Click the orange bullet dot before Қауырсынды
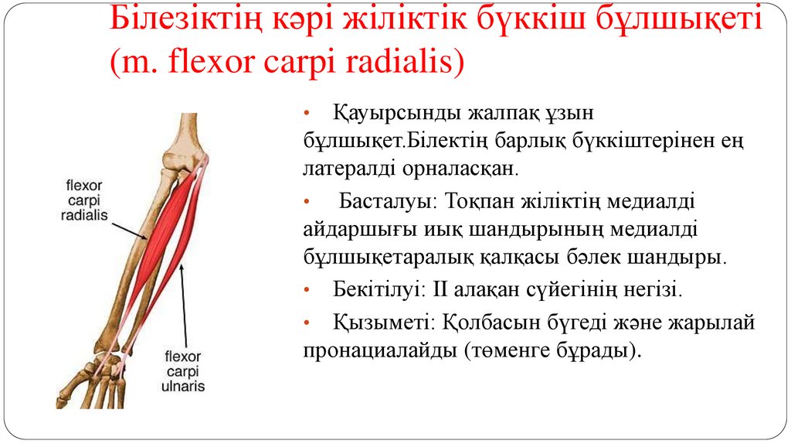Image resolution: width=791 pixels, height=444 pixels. [x=307, y=114]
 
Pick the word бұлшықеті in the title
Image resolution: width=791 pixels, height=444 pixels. [x=679, y=20]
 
